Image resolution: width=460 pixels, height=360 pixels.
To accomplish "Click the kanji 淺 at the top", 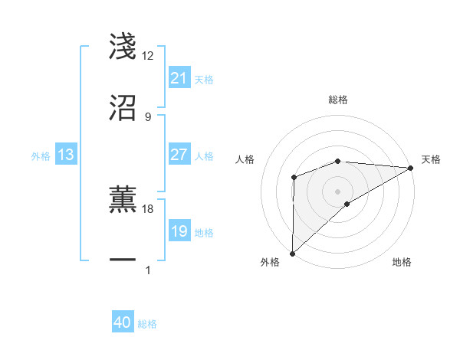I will coord(123,46).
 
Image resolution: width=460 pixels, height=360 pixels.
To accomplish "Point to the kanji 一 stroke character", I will coord(123,260).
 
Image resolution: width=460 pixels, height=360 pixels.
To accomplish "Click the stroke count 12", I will coord(148,56).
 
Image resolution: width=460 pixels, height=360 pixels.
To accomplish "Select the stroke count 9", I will coord(148,116).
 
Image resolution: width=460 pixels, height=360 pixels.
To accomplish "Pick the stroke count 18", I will coord(148,208).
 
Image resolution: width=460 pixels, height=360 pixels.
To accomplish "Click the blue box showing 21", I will coord(179,78).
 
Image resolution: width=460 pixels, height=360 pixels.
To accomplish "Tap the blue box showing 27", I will coord(179,155).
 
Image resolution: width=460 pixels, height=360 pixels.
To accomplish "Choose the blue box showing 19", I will coord(179,231).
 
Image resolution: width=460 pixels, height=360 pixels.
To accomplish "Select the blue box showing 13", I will coord(66,155).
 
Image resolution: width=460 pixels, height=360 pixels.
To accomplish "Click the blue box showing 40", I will coord(123,323).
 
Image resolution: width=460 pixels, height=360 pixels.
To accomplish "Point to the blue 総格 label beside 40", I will coord(147,324).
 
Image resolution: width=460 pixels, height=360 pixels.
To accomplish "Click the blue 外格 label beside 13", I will coord(41,155).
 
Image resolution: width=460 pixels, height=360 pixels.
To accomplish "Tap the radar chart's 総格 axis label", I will coord(337,100).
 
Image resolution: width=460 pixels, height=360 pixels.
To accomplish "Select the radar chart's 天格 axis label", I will coord(432,159).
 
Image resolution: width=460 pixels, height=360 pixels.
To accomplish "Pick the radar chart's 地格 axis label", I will coord(402,262).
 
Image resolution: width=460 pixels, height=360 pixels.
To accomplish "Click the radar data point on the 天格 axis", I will coord(411,168).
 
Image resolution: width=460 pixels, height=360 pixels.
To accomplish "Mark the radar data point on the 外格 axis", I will coord(292,254).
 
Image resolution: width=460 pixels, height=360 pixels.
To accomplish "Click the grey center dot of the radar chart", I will coord(337,191).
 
